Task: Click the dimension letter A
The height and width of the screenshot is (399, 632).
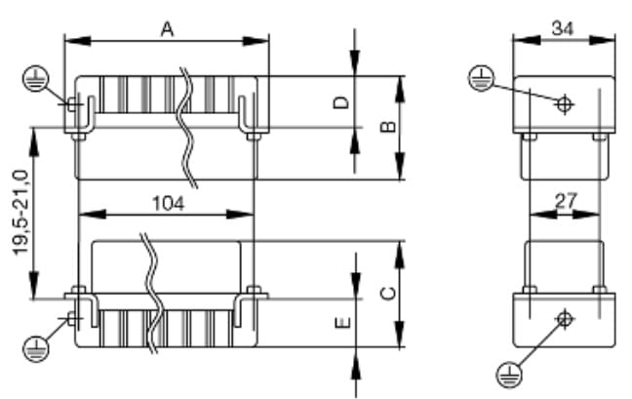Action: point(167,29)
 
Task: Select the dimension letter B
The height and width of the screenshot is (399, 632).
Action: point(386,128)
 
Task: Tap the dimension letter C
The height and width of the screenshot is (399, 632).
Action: point(386,293)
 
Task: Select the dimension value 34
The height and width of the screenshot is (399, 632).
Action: point(563,28)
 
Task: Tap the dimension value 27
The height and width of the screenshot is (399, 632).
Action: point(566,201)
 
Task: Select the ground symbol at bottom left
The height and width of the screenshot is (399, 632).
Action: point(35,346)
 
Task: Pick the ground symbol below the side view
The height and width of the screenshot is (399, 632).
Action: point(509,371)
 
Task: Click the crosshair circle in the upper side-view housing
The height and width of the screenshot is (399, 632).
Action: point(564,103)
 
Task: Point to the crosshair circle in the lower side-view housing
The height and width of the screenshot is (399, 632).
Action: point(564,319)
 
